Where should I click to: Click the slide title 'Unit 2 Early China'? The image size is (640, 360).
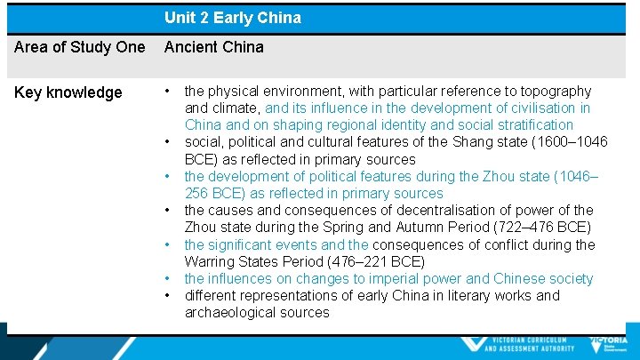(232, 18)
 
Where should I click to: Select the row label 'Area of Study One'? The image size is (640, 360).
(79, 47)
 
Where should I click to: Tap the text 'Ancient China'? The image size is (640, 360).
(213, 47)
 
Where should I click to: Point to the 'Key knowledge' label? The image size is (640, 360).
(68, 92)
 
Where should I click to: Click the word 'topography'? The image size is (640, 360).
(556, 91)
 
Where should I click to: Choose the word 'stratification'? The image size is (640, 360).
(529, 124)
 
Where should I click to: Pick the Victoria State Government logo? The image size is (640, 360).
(609, 345)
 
